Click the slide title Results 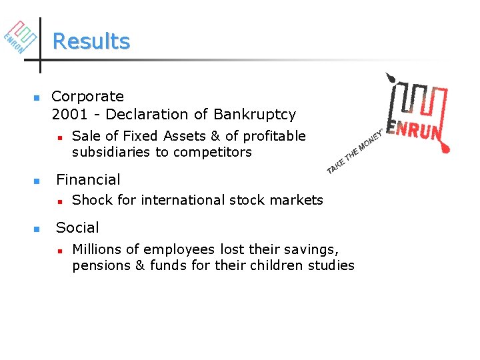coord(91,41)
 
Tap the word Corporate coord(87,97)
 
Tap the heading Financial coord(88,179)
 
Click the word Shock coord(91,200)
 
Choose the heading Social coord(77,227)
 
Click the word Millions coord(97,249)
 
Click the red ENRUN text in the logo coord(417,131)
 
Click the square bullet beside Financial coord(37,181)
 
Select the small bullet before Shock coord(59,201)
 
